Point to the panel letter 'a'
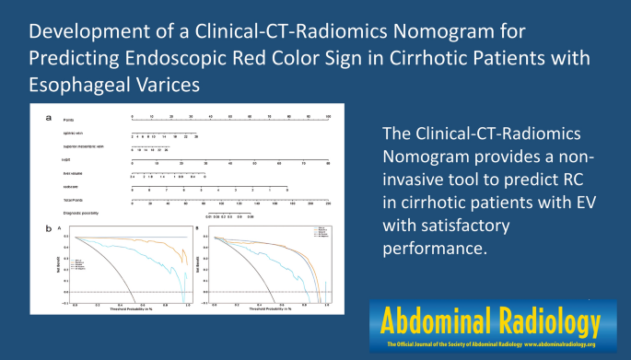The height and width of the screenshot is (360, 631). [x=48, y=118]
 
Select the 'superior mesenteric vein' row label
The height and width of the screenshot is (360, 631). [x=83, y=148]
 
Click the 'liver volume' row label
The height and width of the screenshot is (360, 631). [x=73, y=174]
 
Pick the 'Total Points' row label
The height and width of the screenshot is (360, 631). [x=73, y=200]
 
